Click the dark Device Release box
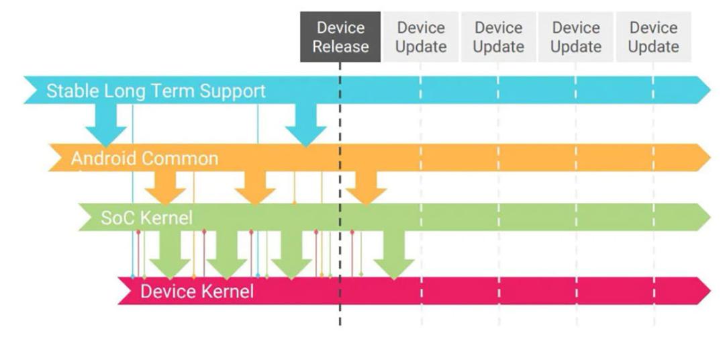[x=340, y=37]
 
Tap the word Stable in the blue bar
[x=72, y=91]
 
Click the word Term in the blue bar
[x=176, y=91]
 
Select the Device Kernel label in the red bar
[x=197, y=291]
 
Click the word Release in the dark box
[x=340, y=47]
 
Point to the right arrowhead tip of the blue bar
[x=710, y=90]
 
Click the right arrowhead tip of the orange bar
[x=710, y=158]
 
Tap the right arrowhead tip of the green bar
[x=710, y=217]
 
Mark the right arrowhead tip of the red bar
[x=710, y=291]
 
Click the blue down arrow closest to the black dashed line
[x=305, y=125]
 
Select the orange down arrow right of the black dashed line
[x=367, y=187]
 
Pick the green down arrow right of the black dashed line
[x=394, y=255]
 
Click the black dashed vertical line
[x=340, y=193]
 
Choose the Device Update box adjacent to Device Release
[x=421, y=37]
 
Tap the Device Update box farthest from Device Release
[x=653, y=37]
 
